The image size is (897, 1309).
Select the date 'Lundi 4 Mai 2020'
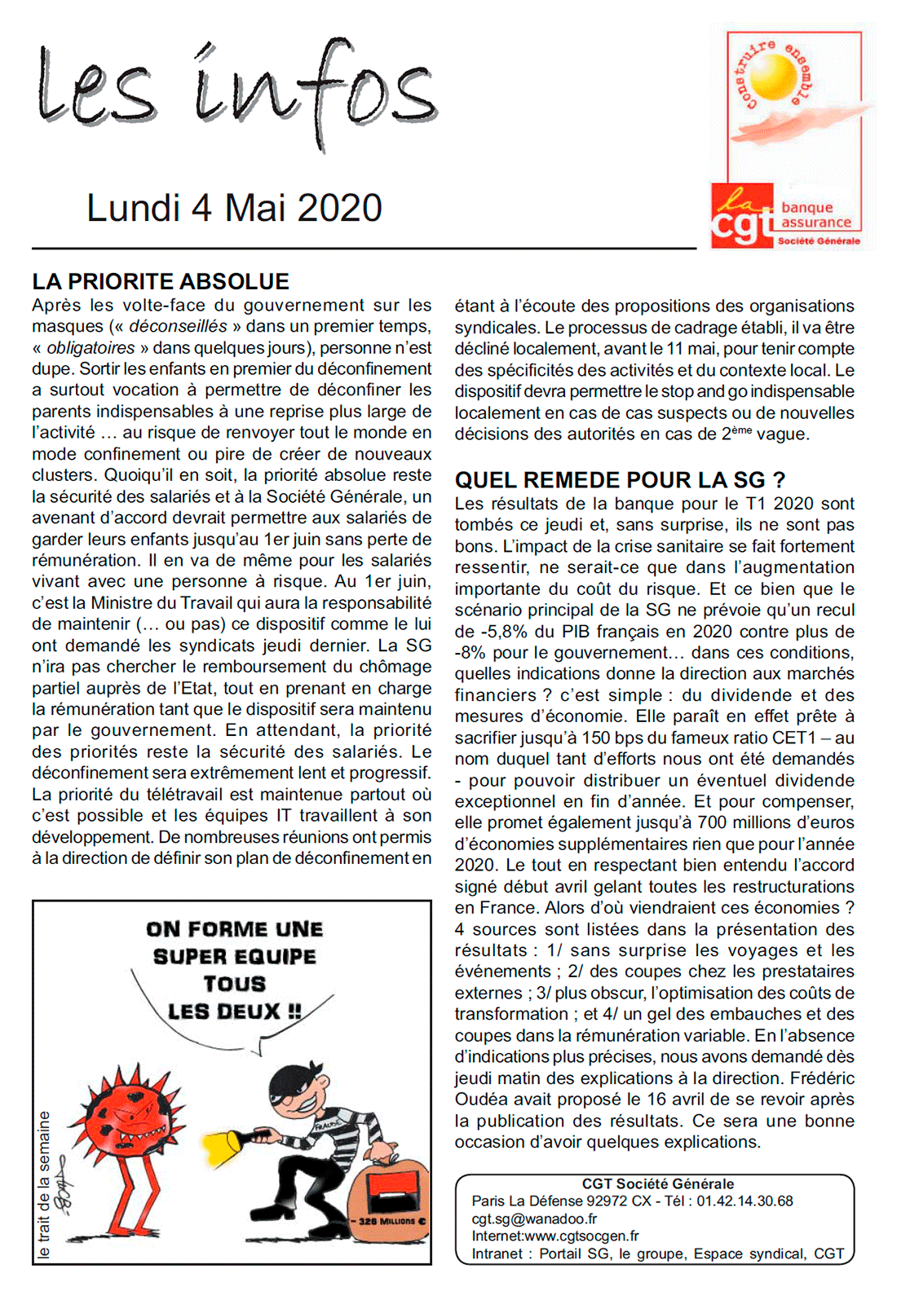click(234, 208)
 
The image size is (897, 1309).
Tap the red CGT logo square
click(741, 216)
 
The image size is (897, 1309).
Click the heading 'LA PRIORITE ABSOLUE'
click(161, 282)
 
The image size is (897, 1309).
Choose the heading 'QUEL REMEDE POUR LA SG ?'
click(620, 480)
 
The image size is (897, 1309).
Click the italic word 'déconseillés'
click(178, 327)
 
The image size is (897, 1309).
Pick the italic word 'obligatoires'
click(91, 348)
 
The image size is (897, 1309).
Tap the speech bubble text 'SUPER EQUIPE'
click(234, 957)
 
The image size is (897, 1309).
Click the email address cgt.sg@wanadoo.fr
click(534, 1219)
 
